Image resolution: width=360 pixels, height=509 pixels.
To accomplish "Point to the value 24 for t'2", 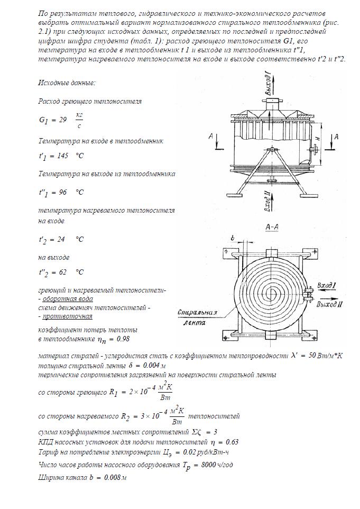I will tap(61, 239).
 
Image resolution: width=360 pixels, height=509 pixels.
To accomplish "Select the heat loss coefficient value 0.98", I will tap(122, 339).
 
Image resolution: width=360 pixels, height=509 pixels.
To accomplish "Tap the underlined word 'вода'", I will tap(82, 299).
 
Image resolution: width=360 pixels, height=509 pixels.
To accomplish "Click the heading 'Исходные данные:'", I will tap(67, 84).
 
